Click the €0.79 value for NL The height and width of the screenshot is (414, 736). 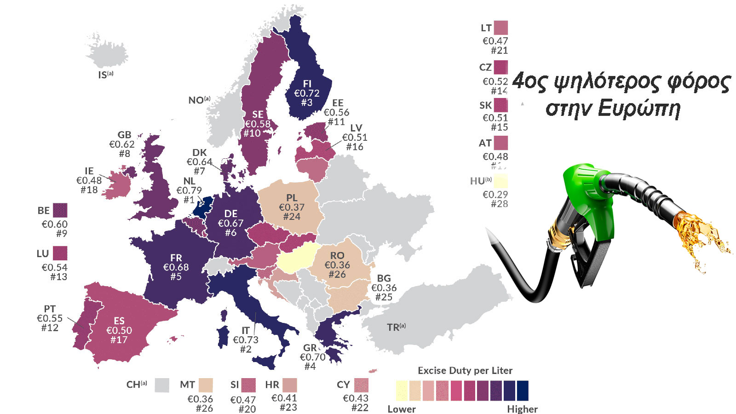click(x=189, y=190)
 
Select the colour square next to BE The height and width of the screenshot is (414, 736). click(x=60, y=211)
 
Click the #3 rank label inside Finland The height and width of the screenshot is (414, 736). click(x=307, y=103)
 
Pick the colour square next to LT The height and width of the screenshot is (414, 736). click(x=501, y=28)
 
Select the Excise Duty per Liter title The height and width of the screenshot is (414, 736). click(x=465, y=370)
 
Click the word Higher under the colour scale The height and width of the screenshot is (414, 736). click(x=522, y=409)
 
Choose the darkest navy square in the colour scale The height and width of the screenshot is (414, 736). click(x=523, y=391)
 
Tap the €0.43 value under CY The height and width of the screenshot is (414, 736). click(x=356, y=398)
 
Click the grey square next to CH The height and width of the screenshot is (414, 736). click(x=162, y=385)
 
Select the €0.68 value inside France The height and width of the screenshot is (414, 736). click(x=176, y=267)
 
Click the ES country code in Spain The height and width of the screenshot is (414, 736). click(x=119, y=321)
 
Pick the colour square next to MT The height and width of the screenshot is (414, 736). click(x=205, y=385)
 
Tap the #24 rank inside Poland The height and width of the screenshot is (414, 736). click(x=292, y=217)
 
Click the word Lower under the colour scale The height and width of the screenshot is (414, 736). click(x=401, y=409)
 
